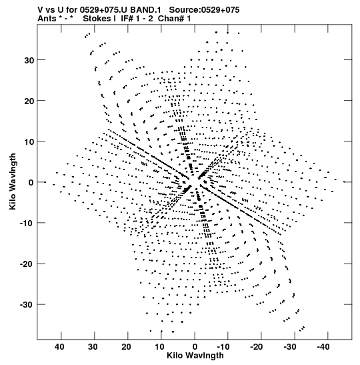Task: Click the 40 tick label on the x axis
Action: coord(59,347)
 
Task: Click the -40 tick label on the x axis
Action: coord(323,347)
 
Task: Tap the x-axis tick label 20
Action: coord(126,347)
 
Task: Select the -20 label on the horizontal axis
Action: coord(257,347)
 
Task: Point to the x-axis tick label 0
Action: coord(195,347)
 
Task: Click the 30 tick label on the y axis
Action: coord(29,60)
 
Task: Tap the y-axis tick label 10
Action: coord(29,141)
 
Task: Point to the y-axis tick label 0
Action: coord(31,183)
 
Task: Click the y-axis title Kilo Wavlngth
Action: coord(13,181)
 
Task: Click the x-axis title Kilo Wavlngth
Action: coord(195,356)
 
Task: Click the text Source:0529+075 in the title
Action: coord(204,10)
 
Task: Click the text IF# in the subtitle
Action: coord(127,19)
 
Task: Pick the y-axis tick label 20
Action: coord(29,101)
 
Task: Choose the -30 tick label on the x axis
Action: coord(290,347)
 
